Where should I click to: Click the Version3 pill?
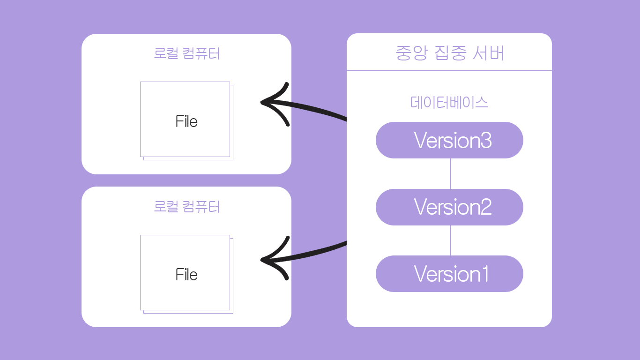tap(449, 140)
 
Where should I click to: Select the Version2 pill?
tap(449, 207)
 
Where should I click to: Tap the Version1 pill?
tap(449, 274)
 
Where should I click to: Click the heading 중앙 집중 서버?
tap(450, 53)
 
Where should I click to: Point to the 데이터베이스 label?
tap(449, 102)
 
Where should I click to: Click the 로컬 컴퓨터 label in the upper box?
tap(186, 53)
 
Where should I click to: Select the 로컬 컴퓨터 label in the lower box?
tap(186, 206)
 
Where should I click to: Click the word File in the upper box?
tap(186, 121)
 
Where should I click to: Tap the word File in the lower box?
tap(186, 275)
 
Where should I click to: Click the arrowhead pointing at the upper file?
tap(268, 102)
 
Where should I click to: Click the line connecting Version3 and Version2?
tap(450, 173)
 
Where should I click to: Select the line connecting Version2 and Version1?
tap(450, 240)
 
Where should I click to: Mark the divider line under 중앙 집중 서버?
tap(449, 71)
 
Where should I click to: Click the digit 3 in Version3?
tap(486, 140)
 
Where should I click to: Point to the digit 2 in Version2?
tap(486, 207)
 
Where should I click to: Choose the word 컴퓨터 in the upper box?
tap(200, 53)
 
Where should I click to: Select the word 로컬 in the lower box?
tap(166, 206)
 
